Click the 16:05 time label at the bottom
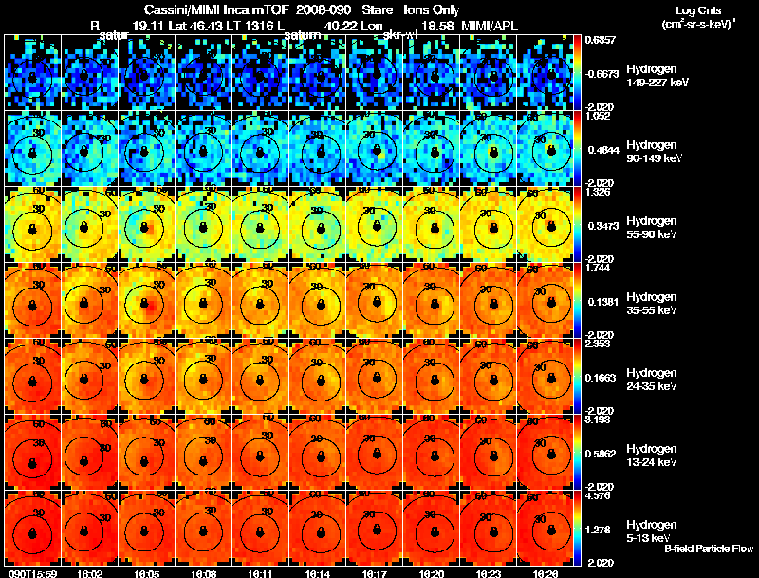147,573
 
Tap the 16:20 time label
432,573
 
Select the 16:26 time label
546,573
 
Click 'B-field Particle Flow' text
708,549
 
